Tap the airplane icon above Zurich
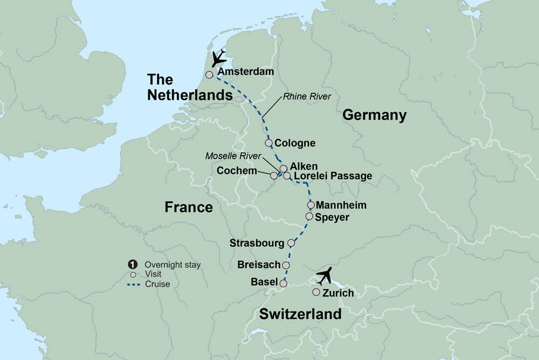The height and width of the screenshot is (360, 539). pos(325,276)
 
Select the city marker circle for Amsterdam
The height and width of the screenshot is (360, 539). pos(209,75)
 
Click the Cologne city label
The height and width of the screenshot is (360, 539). pos(295,143)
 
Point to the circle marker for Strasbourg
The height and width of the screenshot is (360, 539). pos(292,243)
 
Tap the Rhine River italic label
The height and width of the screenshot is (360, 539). pos(306,96)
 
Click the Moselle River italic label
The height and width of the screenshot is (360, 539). pos(233,156)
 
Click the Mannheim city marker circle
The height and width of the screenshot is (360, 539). pos(310,205)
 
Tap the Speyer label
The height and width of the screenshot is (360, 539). pos(333,217)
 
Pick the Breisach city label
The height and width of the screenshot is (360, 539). pos(259,265)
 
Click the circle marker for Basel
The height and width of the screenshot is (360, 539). pos(284,282)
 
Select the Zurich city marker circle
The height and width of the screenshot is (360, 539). pos(316,292)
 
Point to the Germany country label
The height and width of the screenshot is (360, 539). pos(374,115)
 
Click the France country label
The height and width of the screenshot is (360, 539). pos(189,207)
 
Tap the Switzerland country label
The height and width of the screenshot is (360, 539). pos(300,314)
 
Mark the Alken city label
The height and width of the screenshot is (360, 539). pos(304,167)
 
